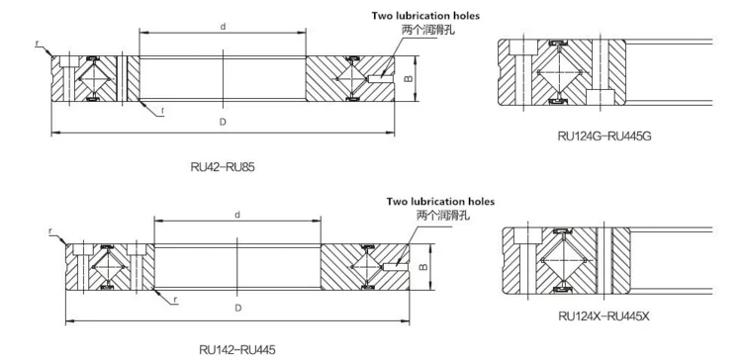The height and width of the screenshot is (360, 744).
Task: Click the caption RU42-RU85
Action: click(222, 167)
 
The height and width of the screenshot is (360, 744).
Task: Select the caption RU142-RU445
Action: click(236, 350)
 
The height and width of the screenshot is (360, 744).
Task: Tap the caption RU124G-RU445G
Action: click(604, 136)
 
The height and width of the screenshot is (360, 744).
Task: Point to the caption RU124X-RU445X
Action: click(604, 315)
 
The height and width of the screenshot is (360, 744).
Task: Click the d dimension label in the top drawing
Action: click(223, 27)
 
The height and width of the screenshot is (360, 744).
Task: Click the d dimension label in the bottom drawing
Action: click(237, 215)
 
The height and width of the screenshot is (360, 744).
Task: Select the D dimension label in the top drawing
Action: click(223, 122)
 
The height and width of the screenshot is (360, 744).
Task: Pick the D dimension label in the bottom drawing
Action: click(238, 308)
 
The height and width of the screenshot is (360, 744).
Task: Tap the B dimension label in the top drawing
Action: click(421, 78)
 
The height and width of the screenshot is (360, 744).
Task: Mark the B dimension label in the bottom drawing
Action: click(424, 267)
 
